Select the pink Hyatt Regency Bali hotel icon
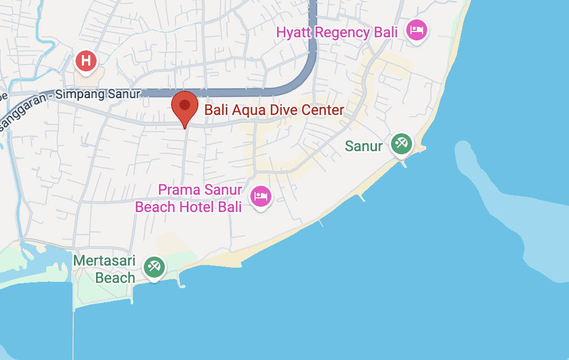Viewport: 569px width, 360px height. [417, 30]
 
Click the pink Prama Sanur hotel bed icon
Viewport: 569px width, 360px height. [261, 196]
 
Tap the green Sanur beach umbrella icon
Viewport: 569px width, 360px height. [402, 143]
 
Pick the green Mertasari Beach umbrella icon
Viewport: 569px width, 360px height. [154, 267]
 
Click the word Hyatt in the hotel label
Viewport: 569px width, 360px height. [296, 33]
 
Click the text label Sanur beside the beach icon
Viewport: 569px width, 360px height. [364, 146]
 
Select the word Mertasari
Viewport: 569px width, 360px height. [104, 261]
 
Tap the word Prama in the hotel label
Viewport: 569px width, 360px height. [178, 189]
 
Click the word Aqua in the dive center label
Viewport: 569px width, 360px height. [244, 110]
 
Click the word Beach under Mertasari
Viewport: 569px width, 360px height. [115, 278]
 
